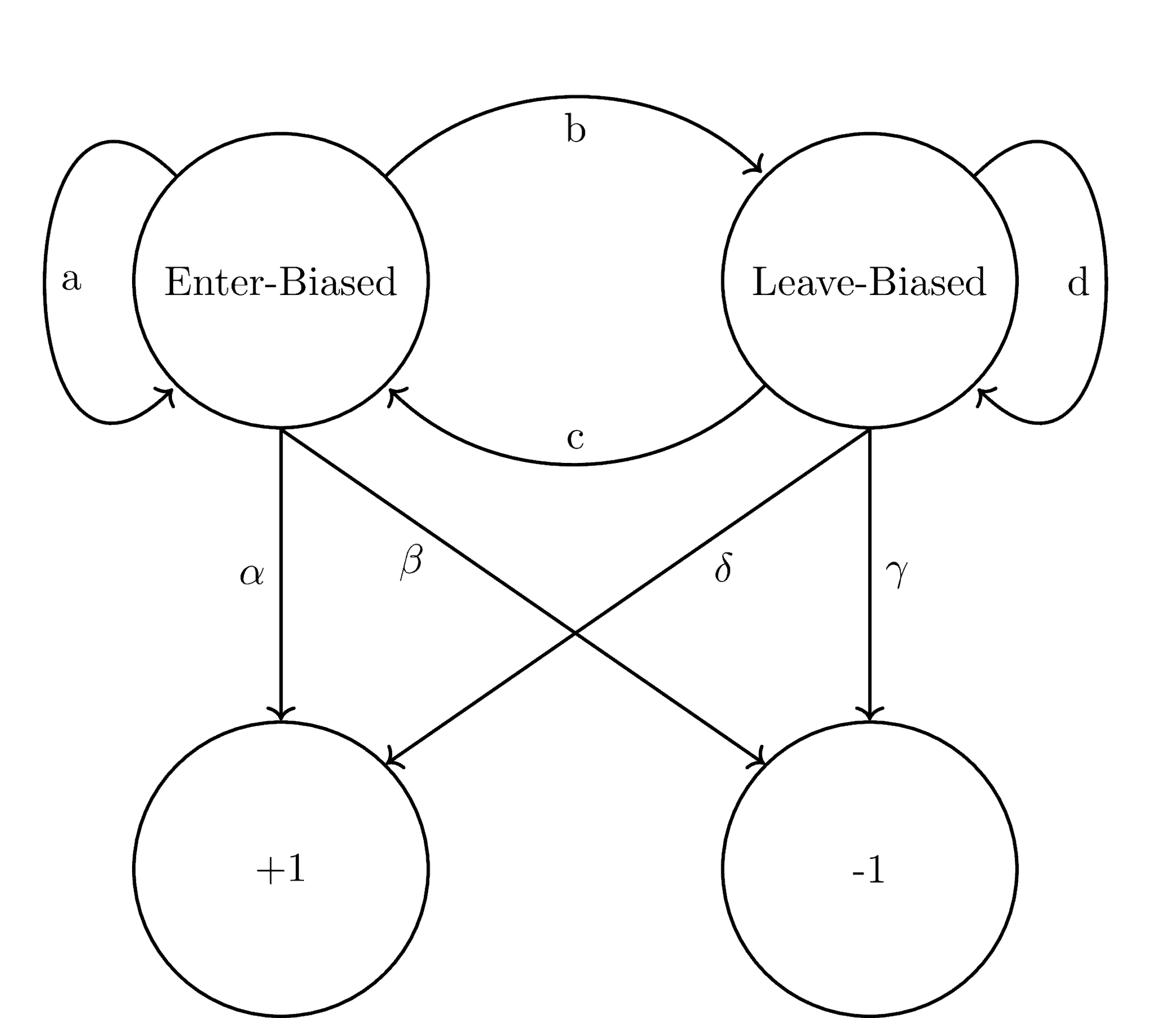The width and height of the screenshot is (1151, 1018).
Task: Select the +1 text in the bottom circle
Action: (x=280, y=869)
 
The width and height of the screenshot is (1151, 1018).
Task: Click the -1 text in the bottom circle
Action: (x=868, y=870)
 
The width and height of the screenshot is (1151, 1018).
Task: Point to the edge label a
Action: (x=71, y=280)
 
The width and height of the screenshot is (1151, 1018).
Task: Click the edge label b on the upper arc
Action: (x=575, y=130)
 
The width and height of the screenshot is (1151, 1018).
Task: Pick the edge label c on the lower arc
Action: (x=575, y=439)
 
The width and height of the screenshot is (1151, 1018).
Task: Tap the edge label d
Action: (x=1077, y=283)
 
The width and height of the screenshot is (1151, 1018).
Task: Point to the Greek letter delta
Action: (x=723, y=567)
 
